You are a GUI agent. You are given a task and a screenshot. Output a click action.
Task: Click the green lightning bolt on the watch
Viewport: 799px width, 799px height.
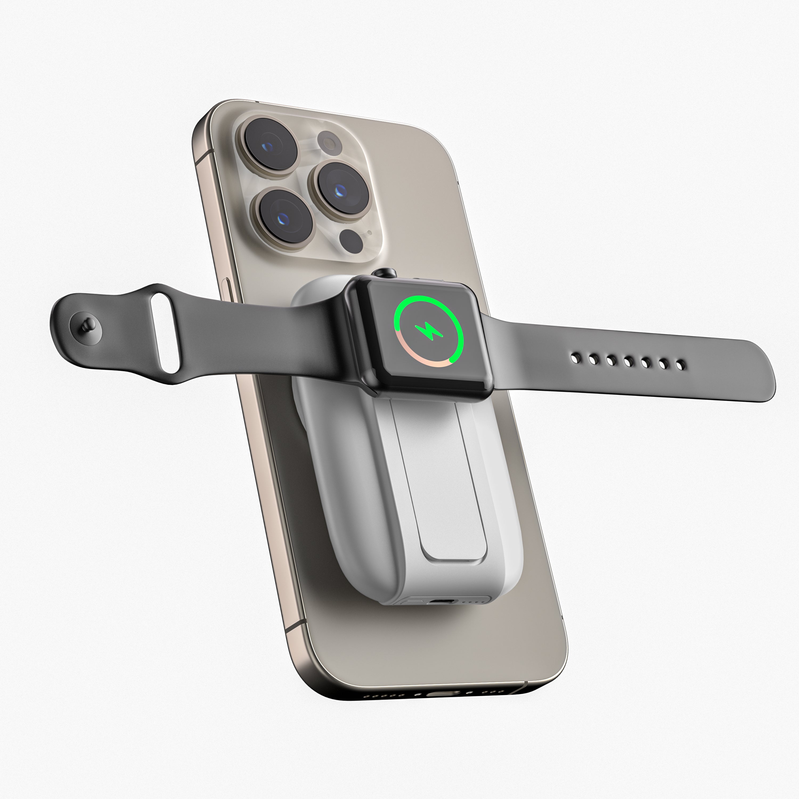coord(429,331)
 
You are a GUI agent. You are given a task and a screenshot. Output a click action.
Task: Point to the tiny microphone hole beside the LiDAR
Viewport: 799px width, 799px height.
coord(369,233)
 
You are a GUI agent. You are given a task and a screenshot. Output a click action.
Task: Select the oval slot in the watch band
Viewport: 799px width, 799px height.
coord(164,333)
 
